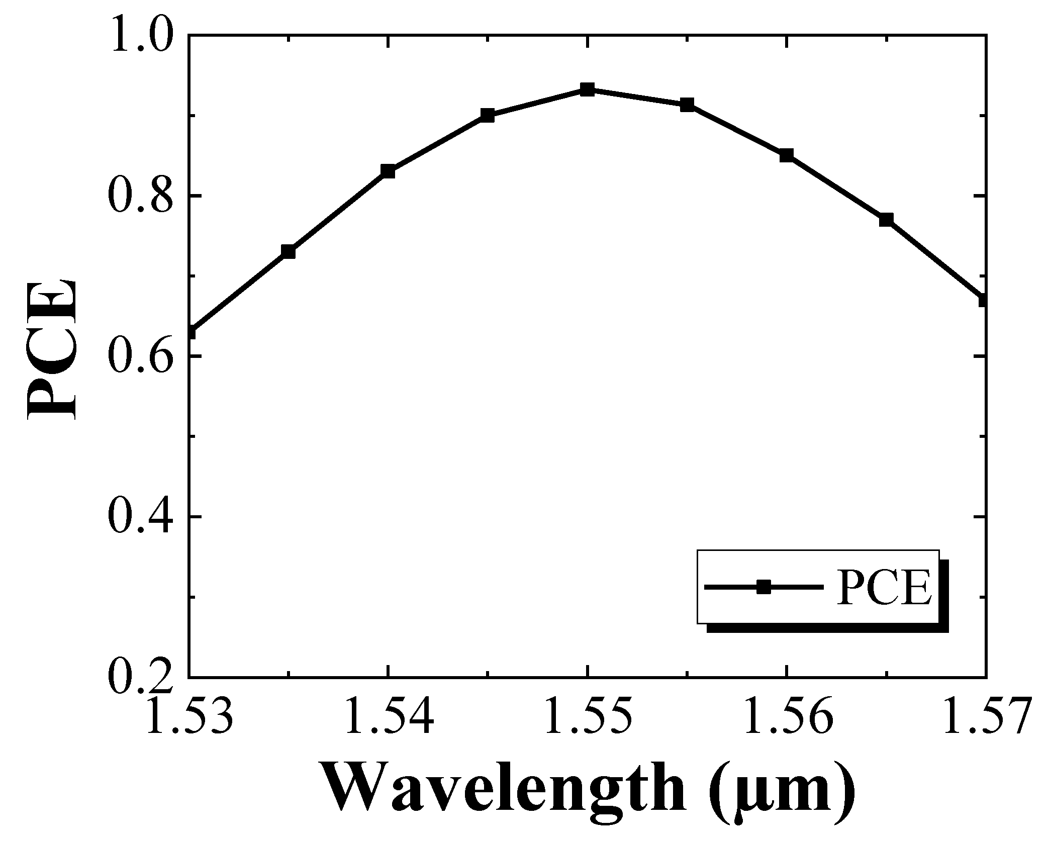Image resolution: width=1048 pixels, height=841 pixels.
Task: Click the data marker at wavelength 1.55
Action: pyautogui.click(x=587, y=90)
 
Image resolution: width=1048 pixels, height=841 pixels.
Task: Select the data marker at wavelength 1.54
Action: pyautogui.click(x=388, y=171)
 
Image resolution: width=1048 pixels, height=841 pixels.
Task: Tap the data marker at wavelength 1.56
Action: pyautogui.click(x=787, y=155)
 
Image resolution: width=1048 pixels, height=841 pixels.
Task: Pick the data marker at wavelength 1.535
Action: pyautogui.click(x=288, y=251)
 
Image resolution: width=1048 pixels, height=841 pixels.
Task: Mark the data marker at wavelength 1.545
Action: pyautogui.click(x=487, y=116)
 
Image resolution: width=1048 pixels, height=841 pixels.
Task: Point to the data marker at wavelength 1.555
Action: pyautogui.click(x=687, y=105)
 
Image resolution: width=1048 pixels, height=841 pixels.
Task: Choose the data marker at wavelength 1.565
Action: pyautogui.click(x=886, y=220)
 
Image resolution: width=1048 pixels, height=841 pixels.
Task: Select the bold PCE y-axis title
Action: pyautogui.click(x=52, y=348)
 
